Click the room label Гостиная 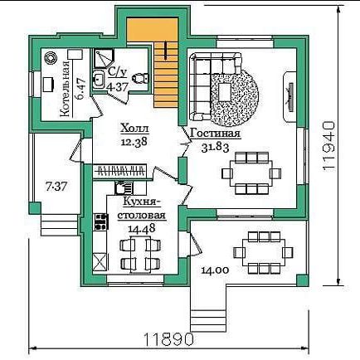coord(215,134)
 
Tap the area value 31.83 coord(215,148)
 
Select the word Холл coord(134,129)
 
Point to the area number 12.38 coord(134,142)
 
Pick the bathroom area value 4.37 coord(117,87)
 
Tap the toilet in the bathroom coord(140,78)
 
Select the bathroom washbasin coord(98,80)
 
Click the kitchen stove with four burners coord(101,221)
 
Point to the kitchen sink coord(124,187)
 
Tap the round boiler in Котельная coord(51,58)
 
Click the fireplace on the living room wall coord(289,96)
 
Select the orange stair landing coord(152,30)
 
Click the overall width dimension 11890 coord(168,339)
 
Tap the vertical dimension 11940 coord(329,146)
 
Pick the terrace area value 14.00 coord(215,270)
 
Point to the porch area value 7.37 coord(56,187)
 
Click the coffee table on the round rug coord(225,92)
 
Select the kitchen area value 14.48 coord(142,228)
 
